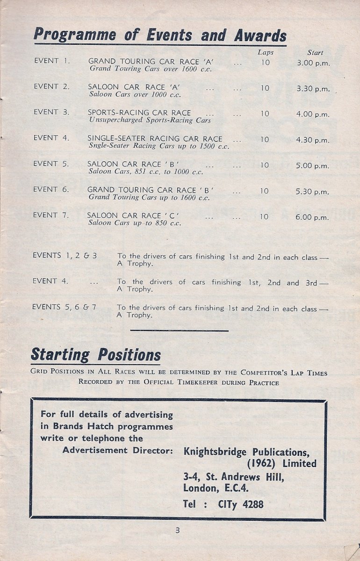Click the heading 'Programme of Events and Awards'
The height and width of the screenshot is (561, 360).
click(160, 35)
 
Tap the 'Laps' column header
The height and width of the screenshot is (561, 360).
click(266, 52)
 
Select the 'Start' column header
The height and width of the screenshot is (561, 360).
click(315, 53)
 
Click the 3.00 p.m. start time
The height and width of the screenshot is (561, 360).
click(313, 62)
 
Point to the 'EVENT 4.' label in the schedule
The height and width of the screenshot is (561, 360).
click(51, 138)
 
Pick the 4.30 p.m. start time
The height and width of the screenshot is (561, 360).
click(313, 140)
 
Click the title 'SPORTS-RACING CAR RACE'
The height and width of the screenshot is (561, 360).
click(139, 113)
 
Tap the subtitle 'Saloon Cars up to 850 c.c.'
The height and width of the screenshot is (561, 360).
click(135, 223)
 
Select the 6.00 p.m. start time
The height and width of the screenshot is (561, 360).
click(313, 217)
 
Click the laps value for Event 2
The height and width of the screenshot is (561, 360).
click(265, 88)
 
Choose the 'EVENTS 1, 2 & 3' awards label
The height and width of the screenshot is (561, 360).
click(65, 256)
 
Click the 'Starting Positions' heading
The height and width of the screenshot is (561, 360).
click(95, 355)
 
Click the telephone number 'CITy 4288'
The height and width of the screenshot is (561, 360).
click(241, 504)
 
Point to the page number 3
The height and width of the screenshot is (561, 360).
click(178, 530)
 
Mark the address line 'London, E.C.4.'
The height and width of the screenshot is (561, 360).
click(216, 489)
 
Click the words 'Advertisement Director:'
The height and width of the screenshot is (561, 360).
click(118, 450)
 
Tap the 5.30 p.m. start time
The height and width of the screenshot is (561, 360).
click(313, 192)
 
